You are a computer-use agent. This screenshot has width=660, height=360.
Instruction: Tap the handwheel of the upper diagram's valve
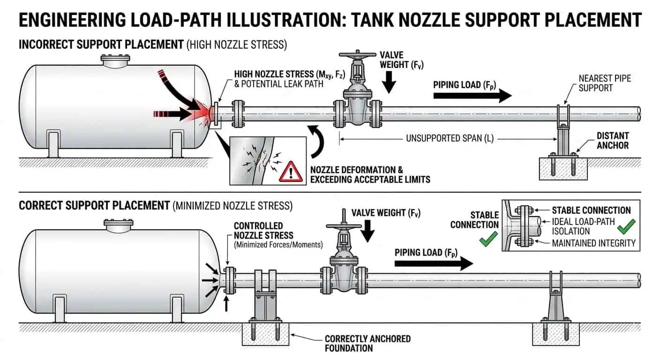tap(358, 60)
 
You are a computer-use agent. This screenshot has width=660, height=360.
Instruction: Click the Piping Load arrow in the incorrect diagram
tap(472, 96)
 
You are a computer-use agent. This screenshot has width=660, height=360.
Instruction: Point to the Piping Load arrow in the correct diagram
tap(433, 263)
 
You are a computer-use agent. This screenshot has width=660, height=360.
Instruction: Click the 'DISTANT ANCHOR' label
tap(612, 140)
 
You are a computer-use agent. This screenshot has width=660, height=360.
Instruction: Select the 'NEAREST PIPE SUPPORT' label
tap(605, 83)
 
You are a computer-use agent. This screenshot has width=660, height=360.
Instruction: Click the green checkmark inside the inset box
tap(626, 227)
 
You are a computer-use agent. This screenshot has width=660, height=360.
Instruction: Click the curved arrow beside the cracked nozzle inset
tap(319, 142)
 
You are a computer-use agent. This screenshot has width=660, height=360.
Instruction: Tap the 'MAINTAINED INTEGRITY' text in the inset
tap(593, 243)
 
